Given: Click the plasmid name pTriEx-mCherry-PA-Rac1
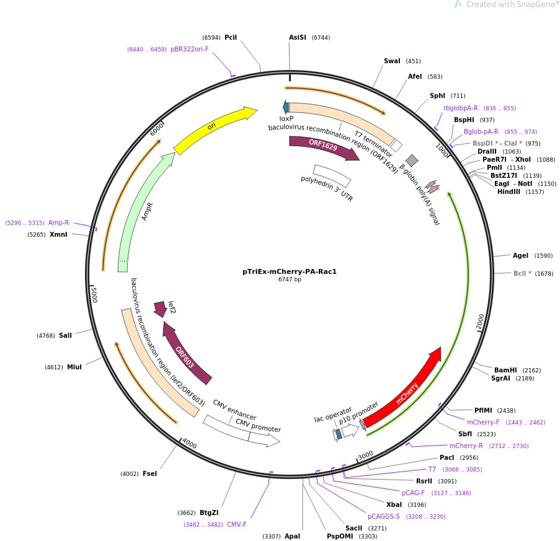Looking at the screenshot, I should click(x=290, y=271).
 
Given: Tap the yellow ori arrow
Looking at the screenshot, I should click(x=214, y=129).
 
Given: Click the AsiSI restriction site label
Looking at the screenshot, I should click(x=298, y=37).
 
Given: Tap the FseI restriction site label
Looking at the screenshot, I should click(x=149, y=473).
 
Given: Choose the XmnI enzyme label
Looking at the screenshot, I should click(x=58, y=234).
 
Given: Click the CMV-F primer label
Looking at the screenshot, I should click(x=236, y=524).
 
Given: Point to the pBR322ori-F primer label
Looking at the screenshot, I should click(x=190, y=49).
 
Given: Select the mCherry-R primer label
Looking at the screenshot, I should click(x=466, y=446).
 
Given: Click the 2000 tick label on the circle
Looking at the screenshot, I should click(x=481, y=322).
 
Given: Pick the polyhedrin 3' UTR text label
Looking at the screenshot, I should click(x=327, y=188).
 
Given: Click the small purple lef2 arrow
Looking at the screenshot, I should click(x=160, y=308).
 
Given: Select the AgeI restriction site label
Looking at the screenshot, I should click(x=520, y=255).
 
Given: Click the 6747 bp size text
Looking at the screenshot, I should click(x=290, y=280).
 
